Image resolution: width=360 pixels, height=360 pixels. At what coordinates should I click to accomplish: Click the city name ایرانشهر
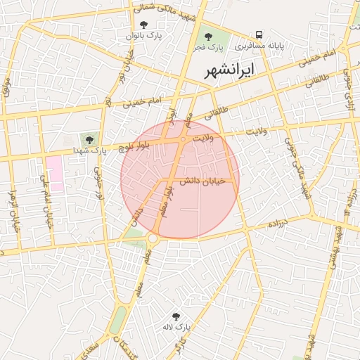[x=229, y=70]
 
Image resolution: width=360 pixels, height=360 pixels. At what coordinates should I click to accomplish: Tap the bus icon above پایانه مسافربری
[x=259, y=34]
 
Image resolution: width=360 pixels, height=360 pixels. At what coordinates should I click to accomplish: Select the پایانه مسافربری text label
[x=259, y=46]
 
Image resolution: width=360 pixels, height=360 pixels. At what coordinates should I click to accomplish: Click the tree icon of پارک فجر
[x=207, y=36]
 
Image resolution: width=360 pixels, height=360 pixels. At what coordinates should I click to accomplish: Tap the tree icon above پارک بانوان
[x=143, y=25]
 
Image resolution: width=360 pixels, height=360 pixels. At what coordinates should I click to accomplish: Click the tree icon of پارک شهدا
[x=89, y=139]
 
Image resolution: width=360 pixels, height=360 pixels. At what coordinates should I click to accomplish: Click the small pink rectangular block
[x=55, y=174]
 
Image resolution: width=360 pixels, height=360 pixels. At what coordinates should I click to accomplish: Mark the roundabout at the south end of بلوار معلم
[x=153, y=239]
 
